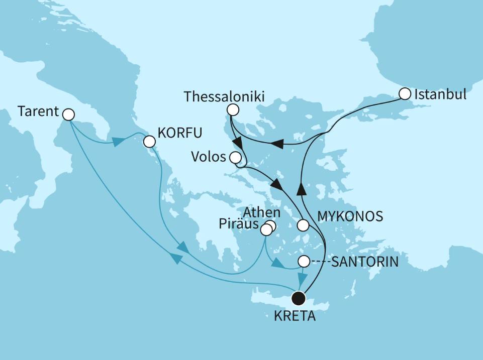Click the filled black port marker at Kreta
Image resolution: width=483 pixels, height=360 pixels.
coord(299,299)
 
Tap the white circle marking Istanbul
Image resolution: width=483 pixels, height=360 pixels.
coord(405,94)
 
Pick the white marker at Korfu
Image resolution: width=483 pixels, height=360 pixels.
coord(149,142)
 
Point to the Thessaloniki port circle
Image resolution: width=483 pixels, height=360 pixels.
coord(232,109)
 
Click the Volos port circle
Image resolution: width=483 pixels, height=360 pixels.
coord(235,158)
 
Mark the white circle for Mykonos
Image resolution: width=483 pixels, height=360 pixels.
coord(303,225)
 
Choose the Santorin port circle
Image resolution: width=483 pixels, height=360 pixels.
coord(304,261)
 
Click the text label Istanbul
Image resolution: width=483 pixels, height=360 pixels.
coord(440,94)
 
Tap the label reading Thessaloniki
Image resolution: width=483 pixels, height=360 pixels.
coord(225,96)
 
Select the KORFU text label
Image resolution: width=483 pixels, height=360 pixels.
coord(180,133)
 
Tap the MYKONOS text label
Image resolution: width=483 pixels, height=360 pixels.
coord(350,216)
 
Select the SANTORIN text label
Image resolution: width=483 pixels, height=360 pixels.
coord(364,261)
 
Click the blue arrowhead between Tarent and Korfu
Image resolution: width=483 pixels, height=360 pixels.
coord(117,142)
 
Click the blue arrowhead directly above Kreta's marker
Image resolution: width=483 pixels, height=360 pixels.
coord(303,278)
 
